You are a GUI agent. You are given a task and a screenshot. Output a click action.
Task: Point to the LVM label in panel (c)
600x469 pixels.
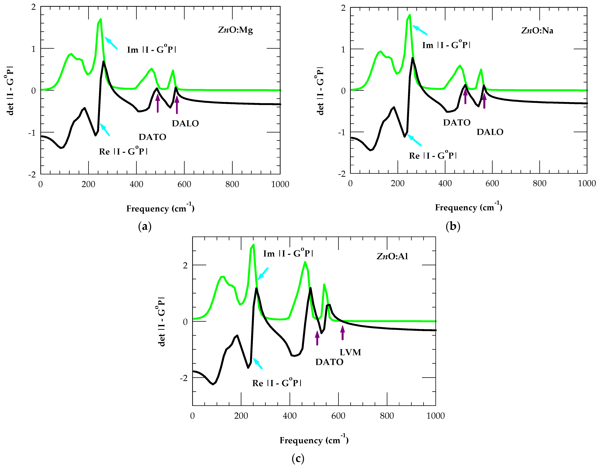(x=350, y=352)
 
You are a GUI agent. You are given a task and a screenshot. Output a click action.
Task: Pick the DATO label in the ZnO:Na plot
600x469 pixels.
(x=457, y=123)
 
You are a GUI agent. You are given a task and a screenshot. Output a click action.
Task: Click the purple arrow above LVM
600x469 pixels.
(x=342, y=333)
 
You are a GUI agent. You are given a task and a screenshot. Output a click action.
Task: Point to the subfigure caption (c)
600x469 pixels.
(x=298, y=458)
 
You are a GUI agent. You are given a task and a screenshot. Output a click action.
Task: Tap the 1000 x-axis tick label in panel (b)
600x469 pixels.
(x=587, y=183)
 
